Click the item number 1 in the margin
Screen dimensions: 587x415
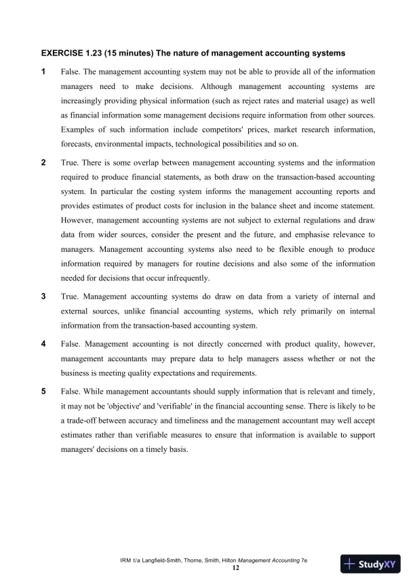[43, 71]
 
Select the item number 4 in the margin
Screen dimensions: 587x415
[43, 343]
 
